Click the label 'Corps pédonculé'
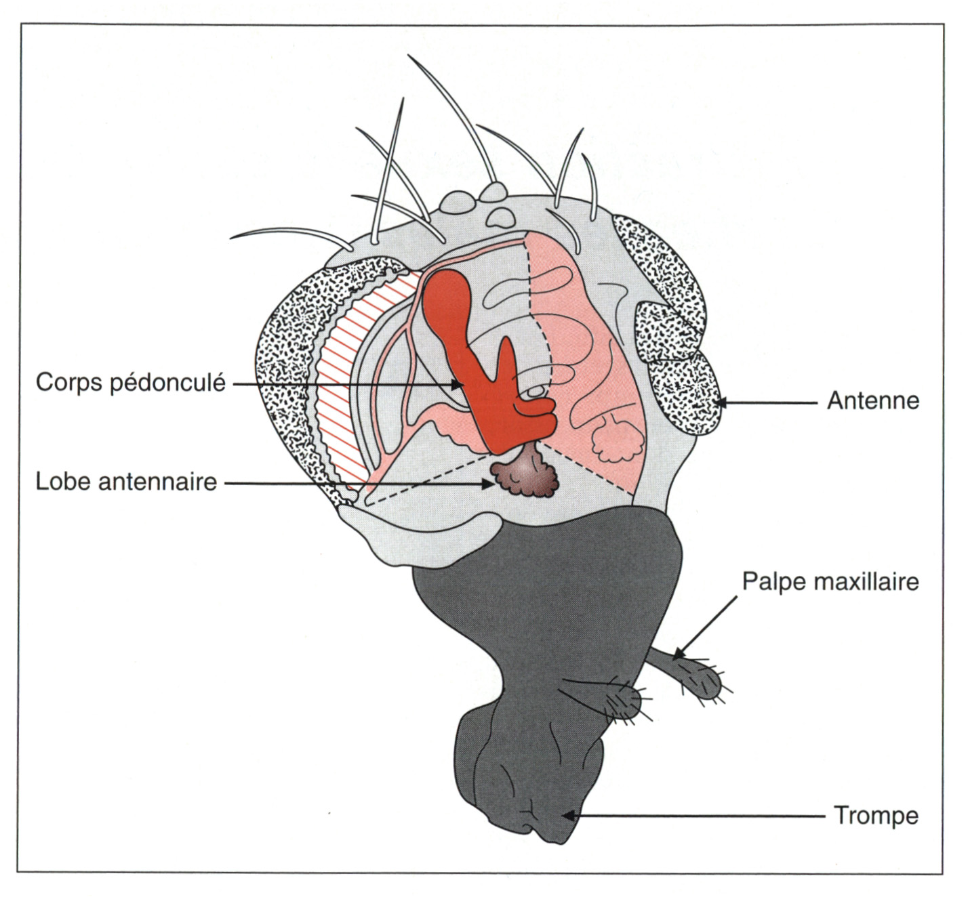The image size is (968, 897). (130, 383)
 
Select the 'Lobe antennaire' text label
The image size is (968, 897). (126, 482)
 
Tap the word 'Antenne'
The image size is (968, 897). (872, 401)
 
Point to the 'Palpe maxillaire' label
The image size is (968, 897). (830, 581)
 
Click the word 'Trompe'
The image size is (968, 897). (876, 815)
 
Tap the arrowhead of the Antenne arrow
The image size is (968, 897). (720, 402)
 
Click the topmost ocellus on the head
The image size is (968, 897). (493, 191)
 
